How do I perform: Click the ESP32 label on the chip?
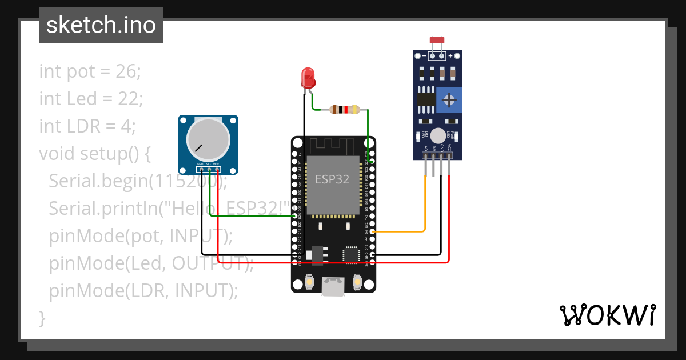(x=332, y=179)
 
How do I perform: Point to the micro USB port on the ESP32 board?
(x=333, y=286)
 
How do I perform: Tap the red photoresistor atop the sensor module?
(x=437, y=41)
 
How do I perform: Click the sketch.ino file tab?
(x=101, y=25)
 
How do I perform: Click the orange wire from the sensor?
(x=425, y=206)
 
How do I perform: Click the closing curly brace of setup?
(x=42, y=318)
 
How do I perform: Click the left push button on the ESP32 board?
(x=309, y=282)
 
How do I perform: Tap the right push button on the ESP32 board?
(x=357, y=282)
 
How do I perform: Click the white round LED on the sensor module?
(x=438, y=135)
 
